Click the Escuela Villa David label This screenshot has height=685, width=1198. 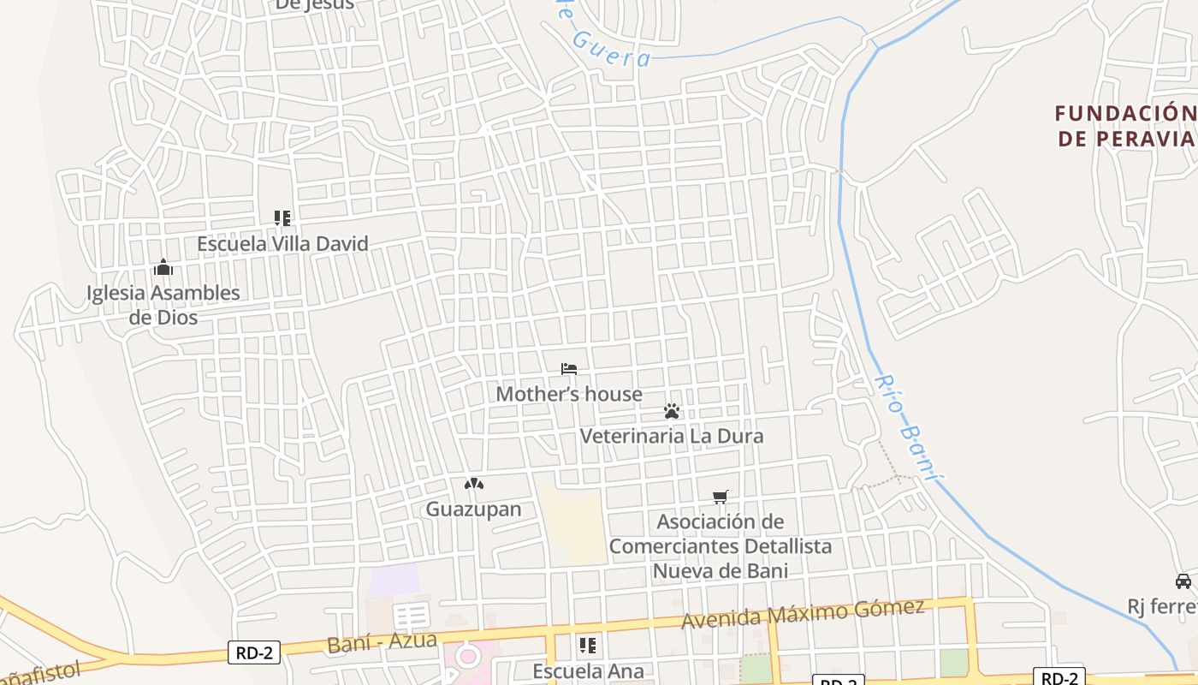[282, 244]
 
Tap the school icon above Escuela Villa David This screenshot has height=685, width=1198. [282, 218]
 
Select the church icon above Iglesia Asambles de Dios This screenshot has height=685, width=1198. [163, 268]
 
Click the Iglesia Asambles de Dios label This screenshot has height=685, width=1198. [163, 305]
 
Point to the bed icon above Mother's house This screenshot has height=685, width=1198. [569, 369]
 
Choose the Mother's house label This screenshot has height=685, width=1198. [569, 394]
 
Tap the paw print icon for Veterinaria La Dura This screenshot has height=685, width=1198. [672, 411]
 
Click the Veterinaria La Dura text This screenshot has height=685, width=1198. [672, 436]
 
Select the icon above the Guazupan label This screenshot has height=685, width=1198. [474, 484]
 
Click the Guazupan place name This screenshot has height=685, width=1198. [474, 509]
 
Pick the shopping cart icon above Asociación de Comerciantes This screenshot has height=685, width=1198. [721, 497]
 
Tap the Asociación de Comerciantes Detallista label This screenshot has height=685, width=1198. [721, 545]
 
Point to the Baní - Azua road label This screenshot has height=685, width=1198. [383, 641]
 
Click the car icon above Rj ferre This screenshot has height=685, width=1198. [1183, 581]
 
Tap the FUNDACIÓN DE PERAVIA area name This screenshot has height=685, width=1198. [1125, 126]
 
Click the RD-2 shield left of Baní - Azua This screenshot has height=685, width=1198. [254, 652]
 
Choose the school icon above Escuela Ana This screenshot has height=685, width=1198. [587, 645]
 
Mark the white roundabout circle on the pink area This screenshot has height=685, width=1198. [468, 658]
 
